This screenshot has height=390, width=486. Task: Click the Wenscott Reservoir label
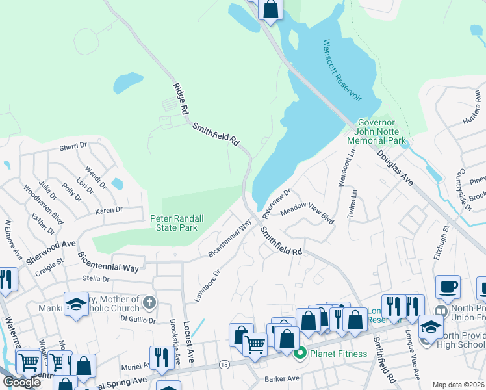(342, 70)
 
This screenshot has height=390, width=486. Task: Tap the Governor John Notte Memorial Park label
(376, 131)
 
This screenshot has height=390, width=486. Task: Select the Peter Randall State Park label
(173, 223)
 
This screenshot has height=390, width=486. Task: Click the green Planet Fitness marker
(300, 354)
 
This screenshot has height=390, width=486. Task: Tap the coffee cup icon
(448, 287)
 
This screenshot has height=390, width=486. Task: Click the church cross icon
(149, 302)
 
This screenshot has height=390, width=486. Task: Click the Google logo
(21, 382)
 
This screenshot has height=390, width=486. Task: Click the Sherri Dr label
(73, 147)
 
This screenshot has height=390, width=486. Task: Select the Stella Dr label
(96, 278)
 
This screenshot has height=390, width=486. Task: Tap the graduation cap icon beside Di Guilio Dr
(76, 304)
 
